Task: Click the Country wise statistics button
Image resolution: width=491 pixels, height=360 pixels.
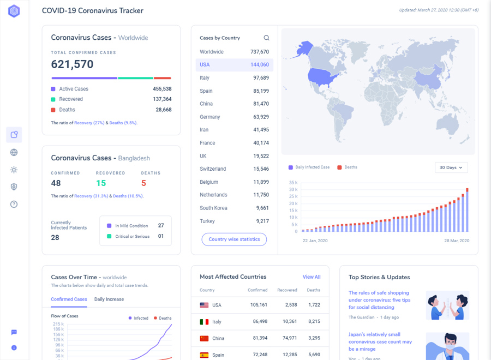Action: (x=234, y=239)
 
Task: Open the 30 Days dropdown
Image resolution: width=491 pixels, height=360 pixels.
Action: (x=451, y=167)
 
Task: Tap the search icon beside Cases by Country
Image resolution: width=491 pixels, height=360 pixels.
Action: (x=266, y=38)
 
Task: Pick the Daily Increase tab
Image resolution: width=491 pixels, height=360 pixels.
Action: (x=109, y=299)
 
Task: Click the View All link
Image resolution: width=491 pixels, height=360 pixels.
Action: (x=311, y=277)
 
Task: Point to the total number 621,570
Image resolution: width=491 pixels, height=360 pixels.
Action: (x=72, y=64)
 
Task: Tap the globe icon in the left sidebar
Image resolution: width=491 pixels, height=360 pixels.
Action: (x=14, y=153)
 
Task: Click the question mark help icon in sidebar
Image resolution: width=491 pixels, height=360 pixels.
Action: (x=14, y=204)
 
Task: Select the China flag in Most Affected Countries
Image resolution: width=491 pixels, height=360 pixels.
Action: (x=204, y=339)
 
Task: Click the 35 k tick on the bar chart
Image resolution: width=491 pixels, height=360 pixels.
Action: (x=293, y=183)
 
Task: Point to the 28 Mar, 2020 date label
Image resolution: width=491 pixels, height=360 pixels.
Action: (x=456, y=241)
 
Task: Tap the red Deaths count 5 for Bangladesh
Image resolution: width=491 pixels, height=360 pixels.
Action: (x=143, y=183)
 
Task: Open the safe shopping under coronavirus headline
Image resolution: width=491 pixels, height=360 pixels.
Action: (x=380, y=300)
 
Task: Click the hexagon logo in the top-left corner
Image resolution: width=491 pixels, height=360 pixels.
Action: (x=14, y=11)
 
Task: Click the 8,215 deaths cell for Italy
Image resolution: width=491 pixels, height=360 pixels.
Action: (x=313, y=322)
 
